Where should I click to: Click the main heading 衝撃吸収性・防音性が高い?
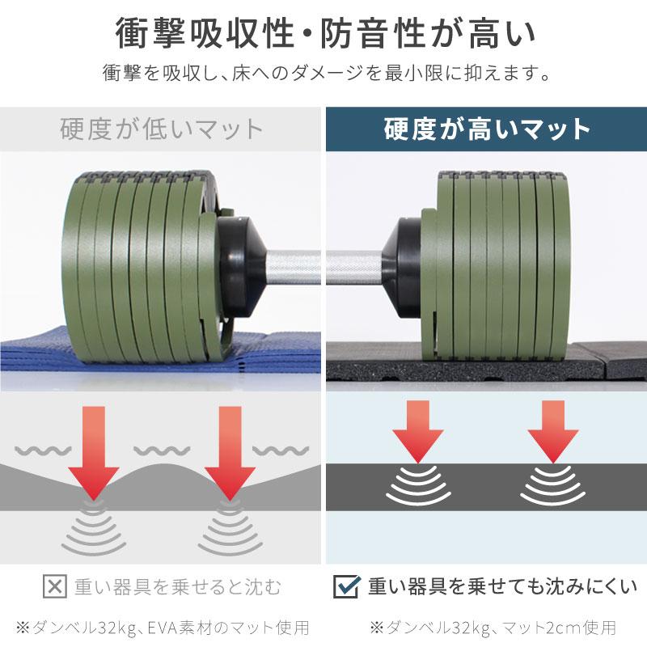coord(323,34)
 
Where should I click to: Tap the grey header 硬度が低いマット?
coord(162,129)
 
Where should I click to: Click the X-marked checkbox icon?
coord(53,586)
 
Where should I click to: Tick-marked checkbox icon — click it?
coord(345,586)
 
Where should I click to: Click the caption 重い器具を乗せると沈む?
coord(177,586)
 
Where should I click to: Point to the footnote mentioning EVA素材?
coord(162,627)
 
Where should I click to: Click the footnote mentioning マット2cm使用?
coord(493,627)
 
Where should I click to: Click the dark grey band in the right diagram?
coord(485,485)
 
